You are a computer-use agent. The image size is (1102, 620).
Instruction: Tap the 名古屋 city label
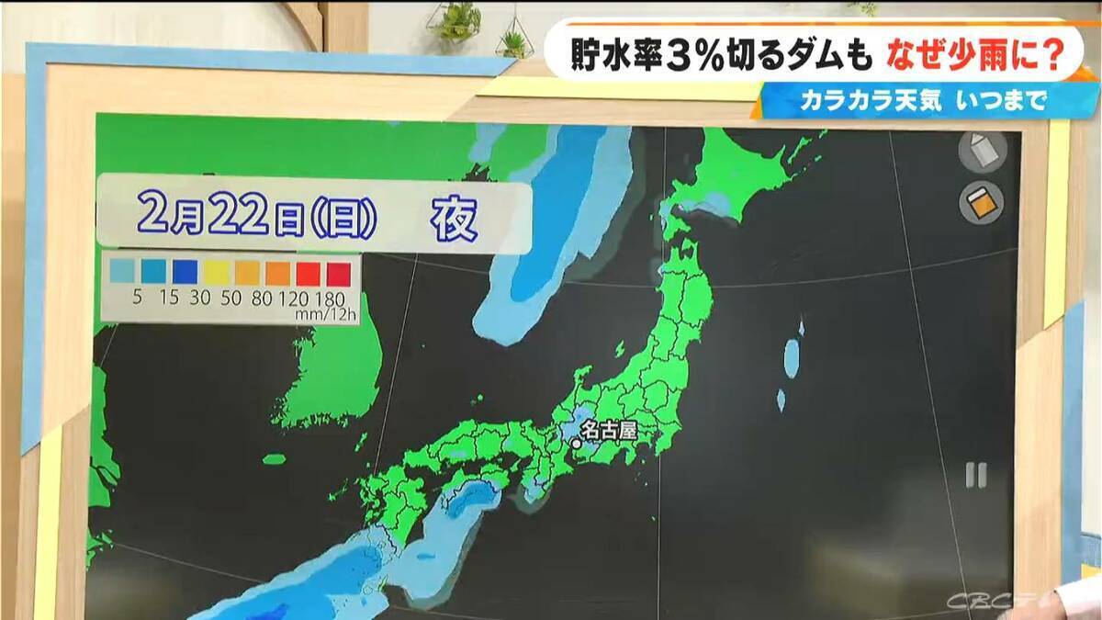coord(609,429)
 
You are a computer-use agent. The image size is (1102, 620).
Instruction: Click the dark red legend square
coord(338,272)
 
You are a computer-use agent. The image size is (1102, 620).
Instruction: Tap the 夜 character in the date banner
coord(455,220)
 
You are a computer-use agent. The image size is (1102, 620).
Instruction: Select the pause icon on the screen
coord(975,475)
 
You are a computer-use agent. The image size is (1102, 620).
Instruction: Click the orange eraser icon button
coord(983,203)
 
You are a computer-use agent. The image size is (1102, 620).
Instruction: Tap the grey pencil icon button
coord(983,151)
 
